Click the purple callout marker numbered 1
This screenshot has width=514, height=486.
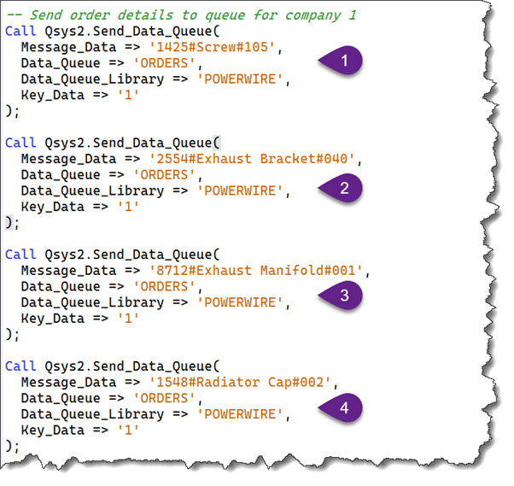click(342, 61)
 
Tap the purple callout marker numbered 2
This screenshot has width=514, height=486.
click(342, 189)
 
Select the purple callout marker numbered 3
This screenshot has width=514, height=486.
click(342, 296)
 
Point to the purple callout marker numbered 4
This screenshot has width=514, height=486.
click(342, 408)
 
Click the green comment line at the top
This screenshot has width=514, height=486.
click(181, 15)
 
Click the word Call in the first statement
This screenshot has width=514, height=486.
click(20, 31)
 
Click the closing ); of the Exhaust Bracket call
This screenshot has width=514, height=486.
click(11, 222)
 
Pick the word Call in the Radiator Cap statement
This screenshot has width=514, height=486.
click(20, 366)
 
